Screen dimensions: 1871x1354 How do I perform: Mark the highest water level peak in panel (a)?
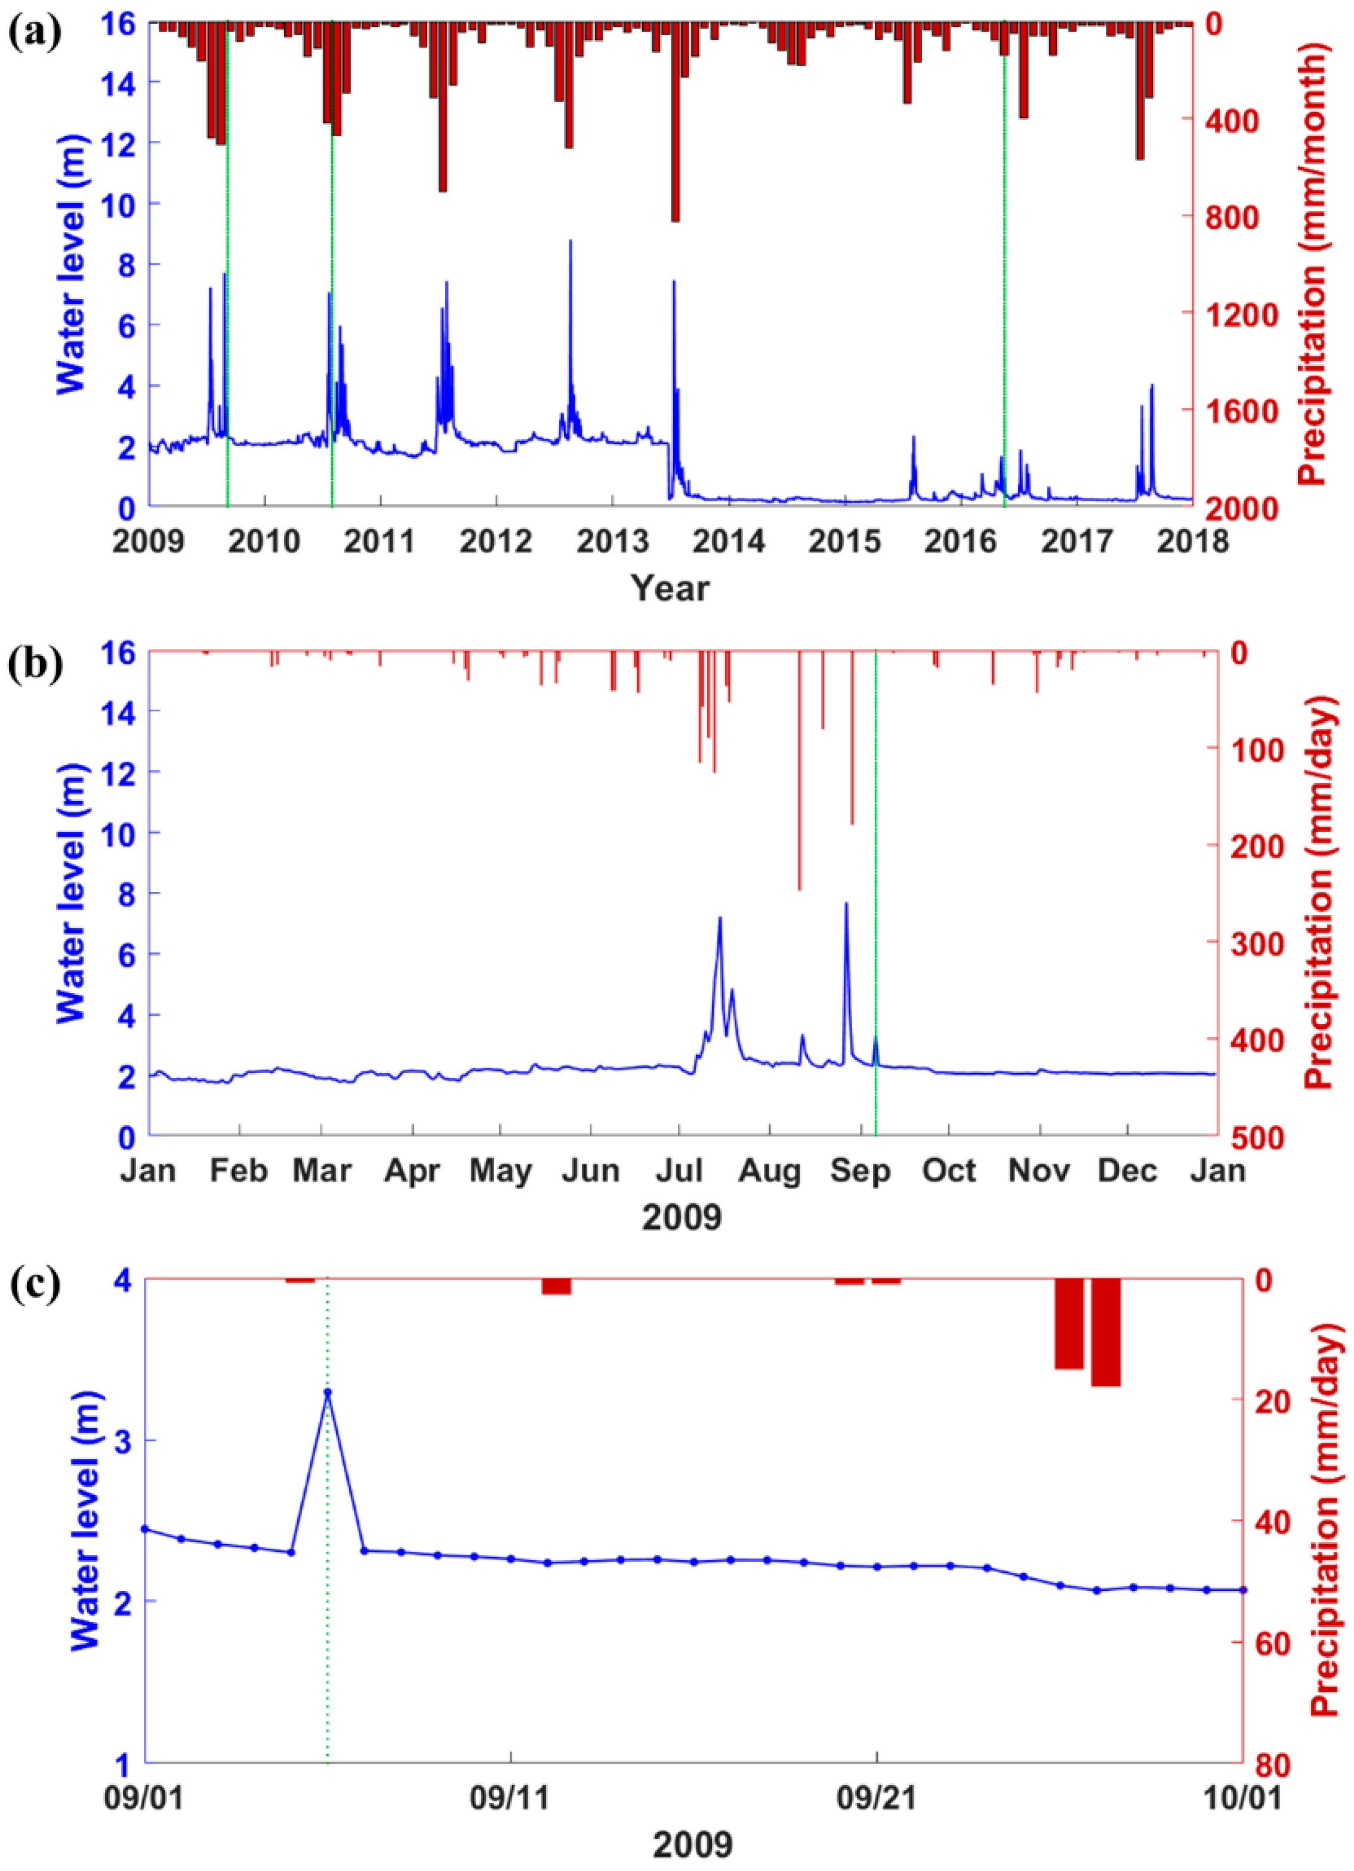[570, 241]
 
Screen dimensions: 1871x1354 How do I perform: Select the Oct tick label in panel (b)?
[951, 1170]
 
